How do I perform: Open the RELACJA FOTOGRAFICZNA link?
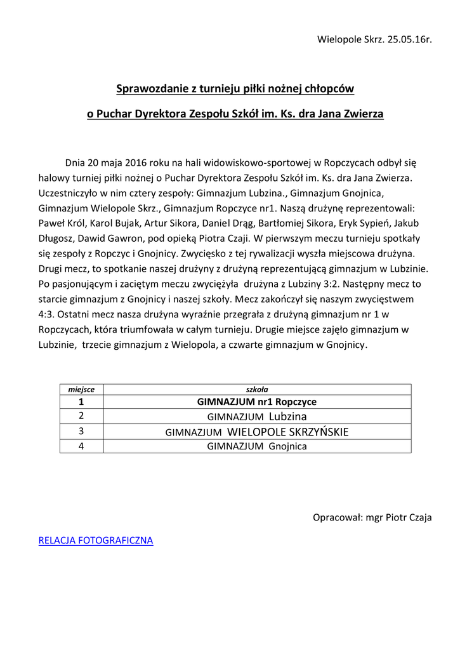tap(96, 541)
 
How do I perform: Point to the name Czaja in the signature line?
tap(419, 517)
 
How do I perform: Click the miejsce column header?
tap(81, 389)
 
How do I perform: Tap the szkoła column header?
tap(257, 389)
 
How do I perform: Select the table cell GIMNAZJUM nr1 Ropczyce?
tap(257, 402)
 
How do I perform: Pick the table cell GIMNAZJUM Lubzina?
tap(257, 416)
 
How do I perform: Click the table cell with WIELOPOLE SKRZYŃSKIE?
tap(257, 432)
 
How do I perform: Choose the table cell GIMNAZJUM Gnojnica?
tap(257, 446)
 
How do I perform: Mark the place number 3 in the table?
tap(81, 432)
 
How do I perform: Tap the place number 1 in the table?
tap(81, 402)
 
